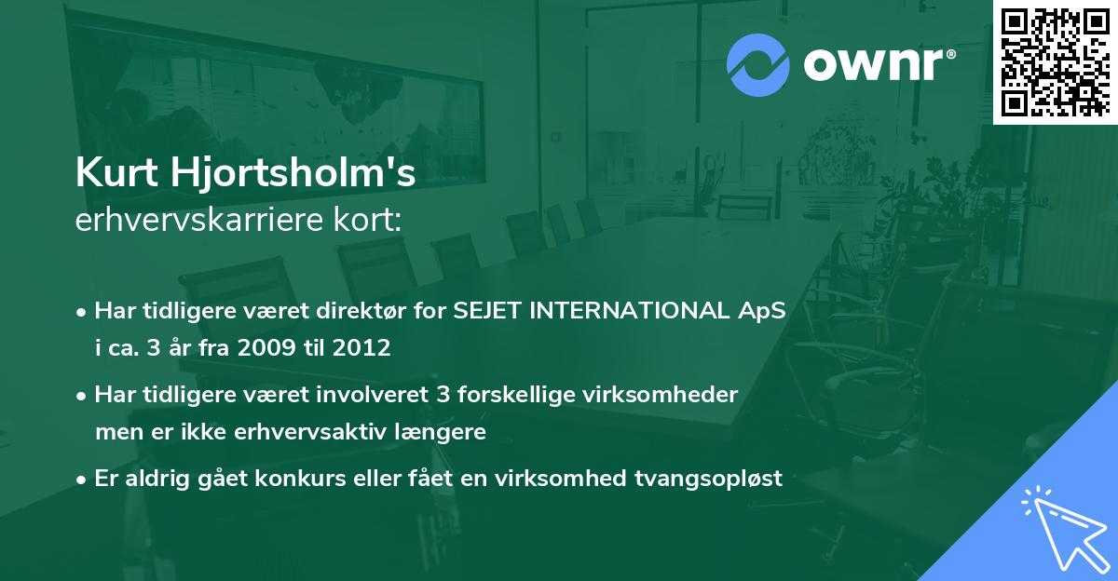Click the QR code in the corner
pos(1055,61)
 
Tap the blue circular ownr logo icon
pos(757,65)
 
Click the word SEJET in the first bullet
pos(486,311)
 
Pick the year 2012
pos(360,348)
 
